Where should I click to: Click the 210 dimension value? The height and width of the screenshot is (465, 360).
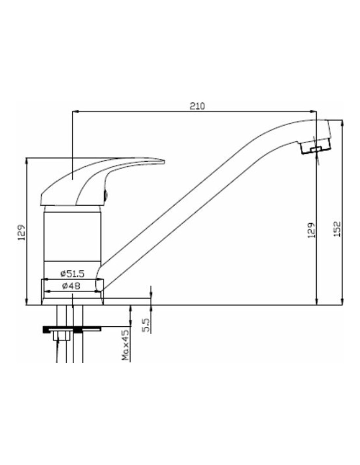[x=197, y=106]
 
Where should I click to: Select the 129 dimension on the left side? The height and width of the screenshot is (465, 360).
[x=22, y=232]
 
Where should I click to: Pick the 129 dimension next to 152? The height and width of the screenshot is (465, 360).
[x=312, y=230]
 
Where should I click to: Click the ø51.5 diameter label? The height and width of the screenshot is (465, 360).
[x=72, y=274]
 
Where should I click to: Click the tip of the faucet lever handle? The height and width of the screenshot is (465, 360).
[x=165, y=161]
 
